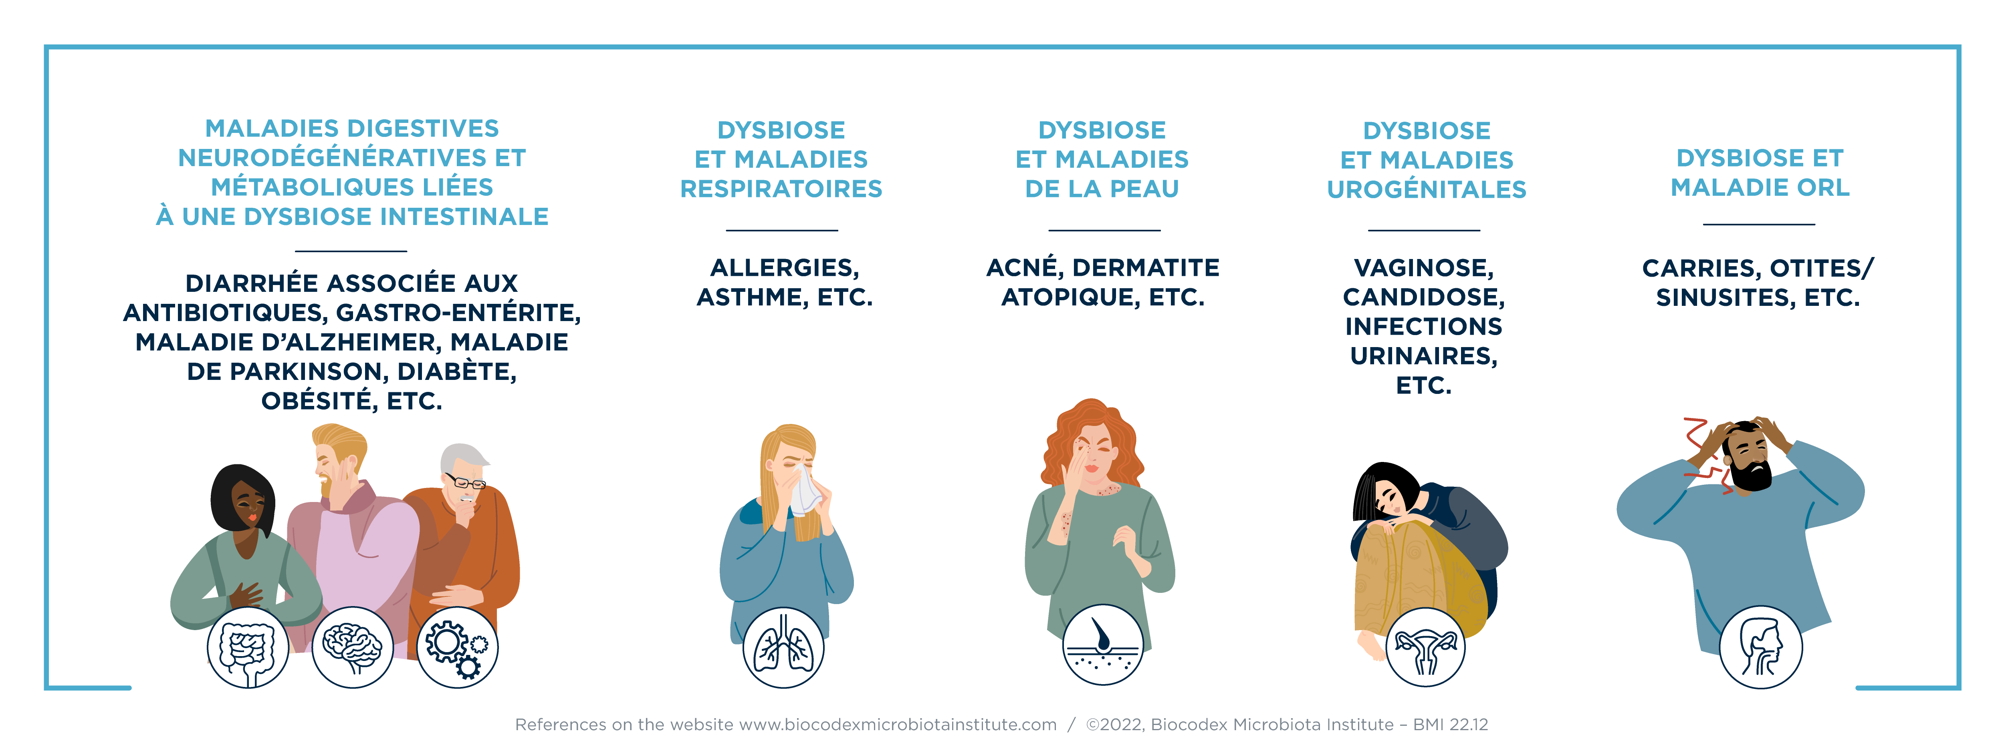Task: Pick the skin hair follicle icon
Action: pos(1103,645)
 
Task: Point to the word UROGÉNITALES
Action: pos(1427,190)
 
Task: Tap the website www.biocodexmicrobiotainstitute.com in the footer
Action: pos(898,725)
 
